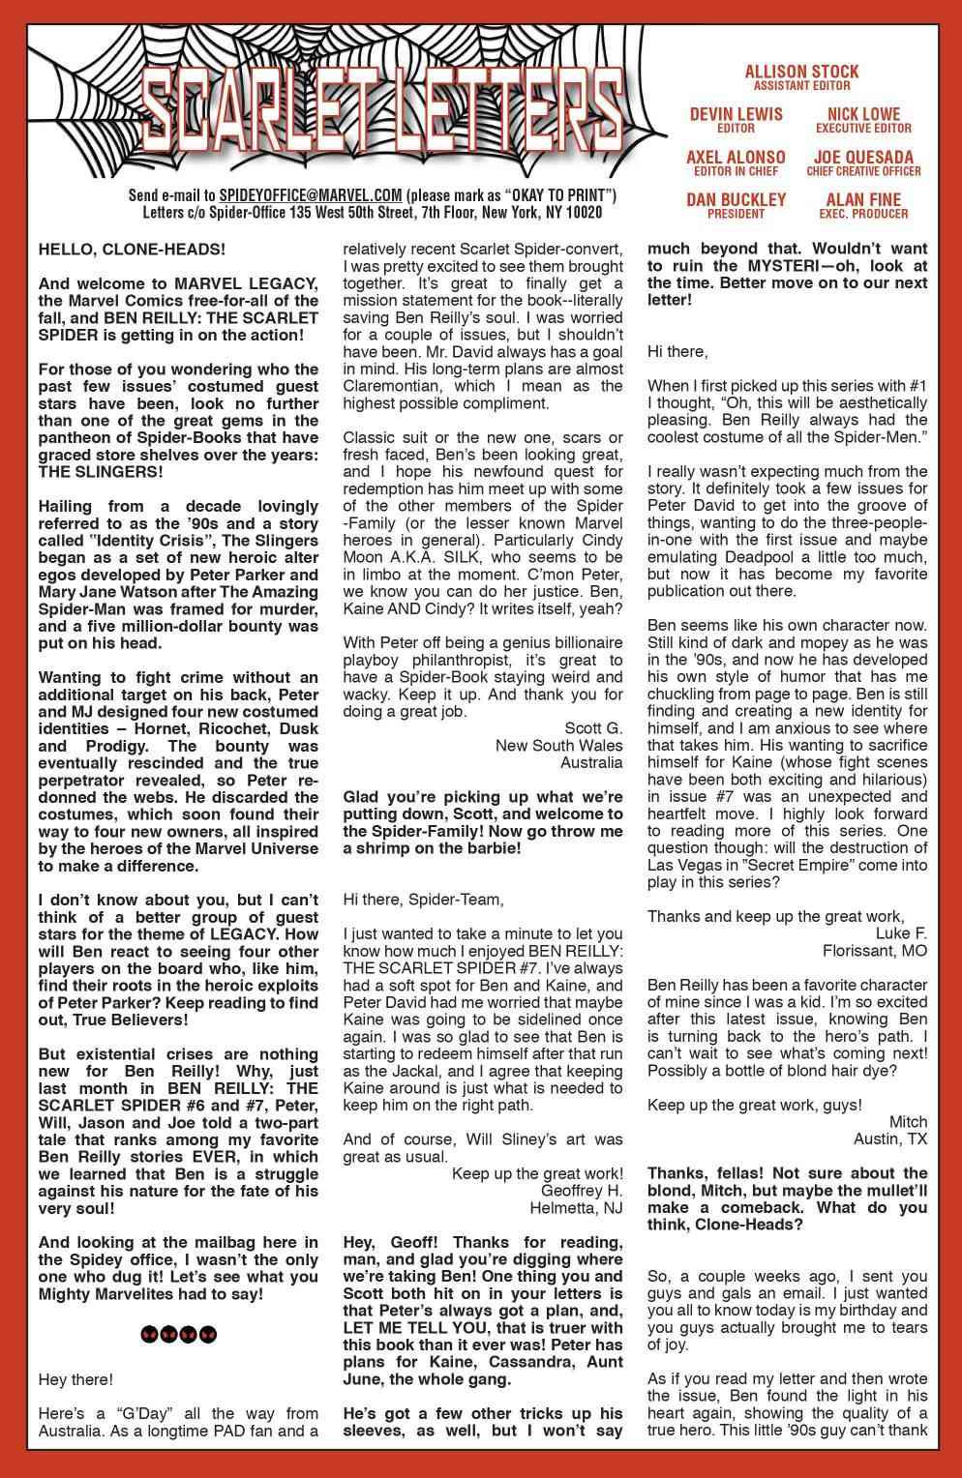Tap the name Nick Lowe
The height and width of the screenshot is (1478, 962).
click(x=863, y=114)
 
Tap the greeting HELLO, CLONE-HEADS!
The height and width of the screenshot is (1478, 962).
click(x=132, y=249)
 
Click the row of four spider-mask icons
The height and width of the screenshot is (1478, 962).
click(x=179, y=1334)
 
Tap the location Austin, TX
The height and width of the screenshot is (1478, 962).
click(x=889, y=1138)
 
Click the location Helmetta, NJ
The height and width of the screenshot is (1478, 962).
click(x=576, y=1207)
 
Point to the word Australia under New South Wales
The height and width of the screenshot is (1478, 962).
click(x=591, y=762)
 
